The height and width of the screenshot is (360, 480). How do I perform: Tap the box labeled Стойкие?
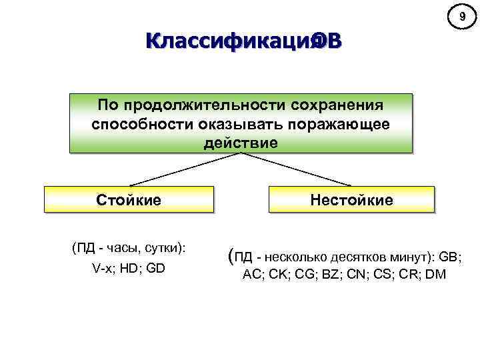point(129,199)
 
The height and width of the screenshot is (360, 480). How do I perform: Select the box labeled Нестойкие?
point(351,199)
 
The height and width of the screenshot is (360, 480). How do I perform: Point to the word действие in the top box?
point(241,143)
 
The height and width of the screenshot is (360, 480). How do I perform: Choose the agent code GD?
point(157,268)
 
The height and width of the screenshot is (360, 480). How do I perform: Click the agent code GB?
point(450,257)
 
